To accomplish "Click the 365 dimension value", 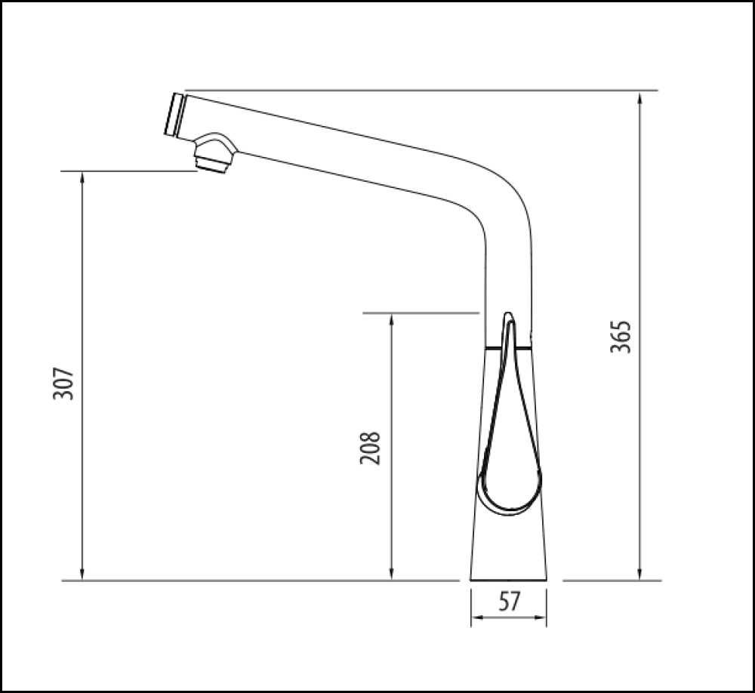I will click(620, 337).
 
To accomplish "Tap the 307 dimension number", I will click(65, 383).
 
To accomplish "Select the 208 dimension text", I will click(369, 448).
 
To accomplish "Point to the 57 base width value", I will click(510, 602).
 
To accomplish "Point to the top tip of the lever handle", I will click(509, 316).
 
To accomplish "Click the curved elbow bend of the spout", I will click(502, 200).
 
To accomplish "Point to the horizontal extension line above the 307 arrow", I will click(128, 171).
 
